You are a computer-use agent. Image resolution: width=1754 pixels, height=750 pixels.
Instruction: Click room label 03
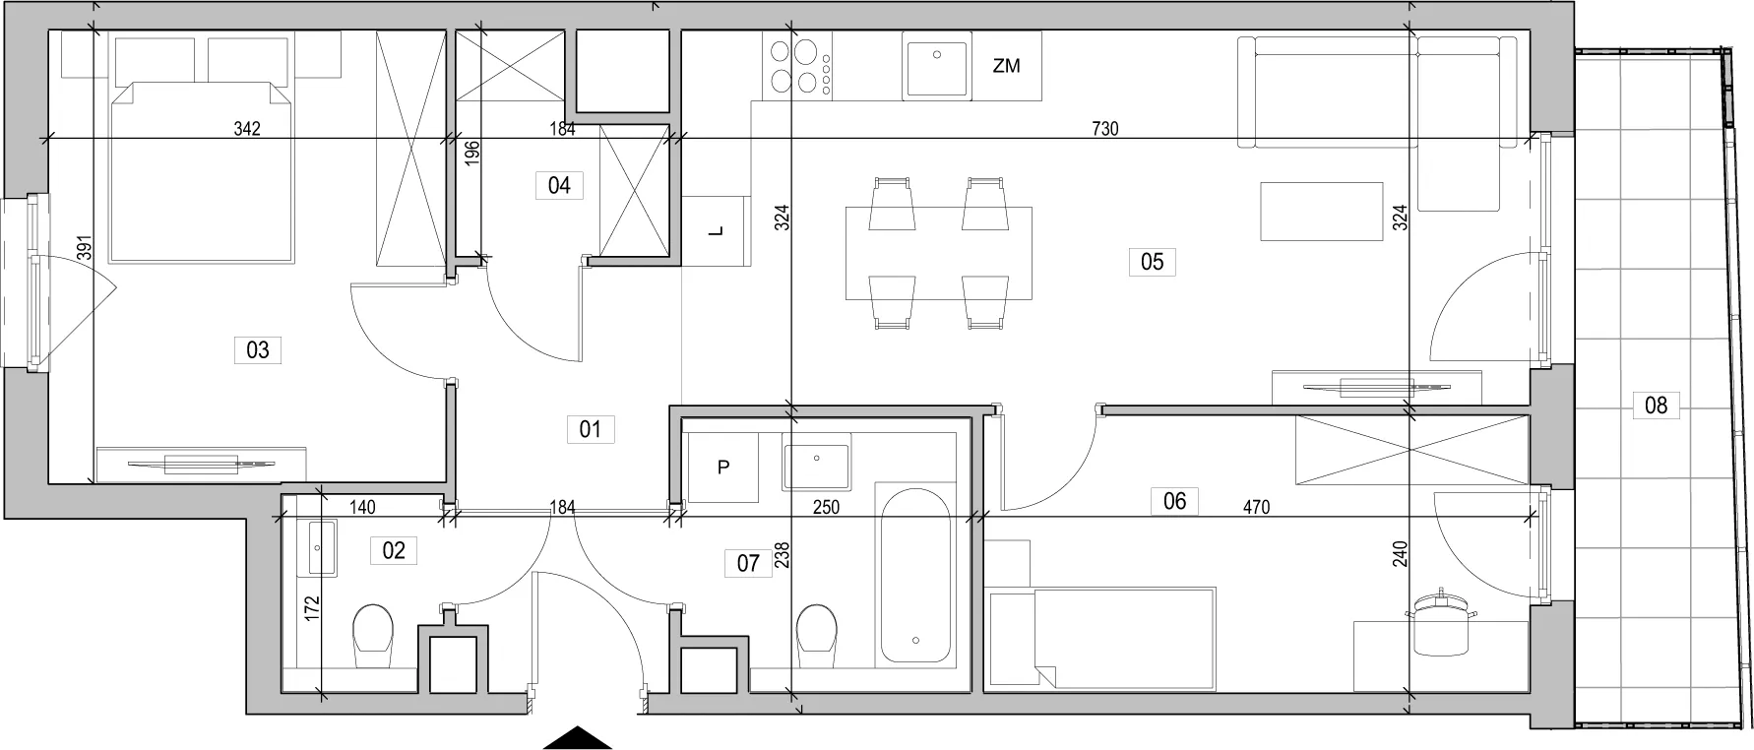click(258, 349)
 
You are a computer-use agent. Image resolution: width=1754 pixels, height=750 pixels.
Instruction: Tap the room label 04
click(559, 185)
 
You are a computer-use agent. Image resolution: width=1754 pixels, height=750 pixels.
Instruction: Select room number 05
click(1152, 261)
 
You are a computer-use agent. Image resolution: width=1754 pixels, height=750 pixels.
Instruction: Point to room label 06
click(1174, 501)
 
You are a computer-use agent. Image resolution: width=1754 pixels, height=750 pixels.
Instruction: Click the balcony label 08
click(1656, 404)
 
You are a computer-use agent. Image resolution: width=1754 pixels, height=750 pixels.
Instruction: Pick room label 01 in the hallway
click(591, 429)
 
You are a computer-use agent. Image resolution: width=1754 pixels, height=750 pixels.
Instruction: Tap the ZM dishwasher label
click(1006, 67)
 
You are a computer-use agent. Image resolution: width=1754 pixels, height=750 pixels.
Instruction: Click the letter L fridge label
click(718, 231)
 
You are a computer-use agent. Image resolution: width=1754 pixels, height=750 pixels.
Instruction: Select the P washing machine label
click(723, 469)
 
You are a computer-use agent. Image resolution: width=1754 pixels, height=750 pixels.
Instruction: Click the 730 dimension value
click(1105, 129)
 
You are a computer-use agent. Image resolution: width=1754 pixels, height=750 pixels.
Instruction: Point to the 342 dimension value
click(247, 129)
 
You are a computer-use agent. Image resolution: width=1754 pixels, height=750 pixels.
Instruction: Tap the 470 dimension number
click(1257, 508)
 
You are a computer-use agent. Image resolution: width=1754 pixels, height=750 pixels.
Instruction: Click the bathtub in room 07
click(915, 574)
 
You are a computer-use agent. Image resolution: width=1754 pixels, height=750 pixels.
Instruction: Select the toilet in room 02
click(373, 632)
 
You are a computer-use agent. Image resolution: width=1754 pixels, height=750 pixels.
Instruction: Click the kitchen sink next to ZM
click(936, 64)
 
